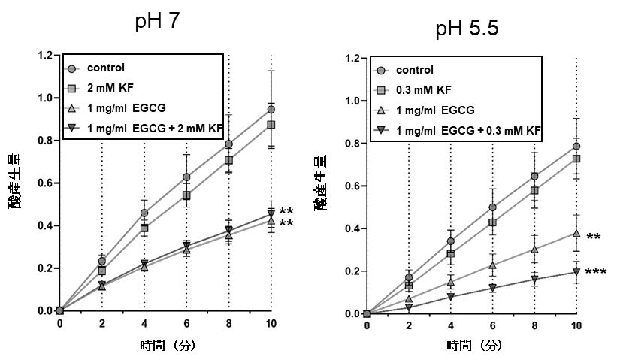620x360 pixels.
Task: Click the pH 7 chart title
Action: (158, 22)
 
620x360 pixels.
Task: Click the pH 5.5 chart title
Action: (467, 29)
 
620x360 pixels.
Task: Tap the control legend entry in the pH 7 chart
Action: (105, 67)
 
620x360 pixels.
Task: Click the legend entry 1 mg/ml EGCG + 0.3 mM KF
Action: (458, 132)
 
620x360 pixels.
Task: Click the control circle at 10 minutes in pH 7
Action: (270, 110)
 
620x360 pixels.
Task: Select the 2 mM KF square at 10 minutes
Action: (270, 124)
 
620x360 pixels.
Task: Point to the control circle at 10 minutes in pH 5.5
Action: (576, 147)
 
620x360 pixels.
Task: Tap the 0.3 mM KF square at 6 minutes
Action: (492, 222)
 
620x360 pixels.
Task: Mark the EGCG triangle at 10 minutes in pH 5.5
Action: (576, 234)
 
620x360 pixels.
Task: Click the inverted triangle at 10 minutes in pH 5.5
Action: (576, 272)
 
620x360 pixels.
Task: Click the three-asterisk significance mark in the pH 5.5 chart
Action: (596, 272)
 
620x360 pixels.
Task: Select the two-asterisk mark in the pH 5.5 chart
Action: (593, 238)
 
